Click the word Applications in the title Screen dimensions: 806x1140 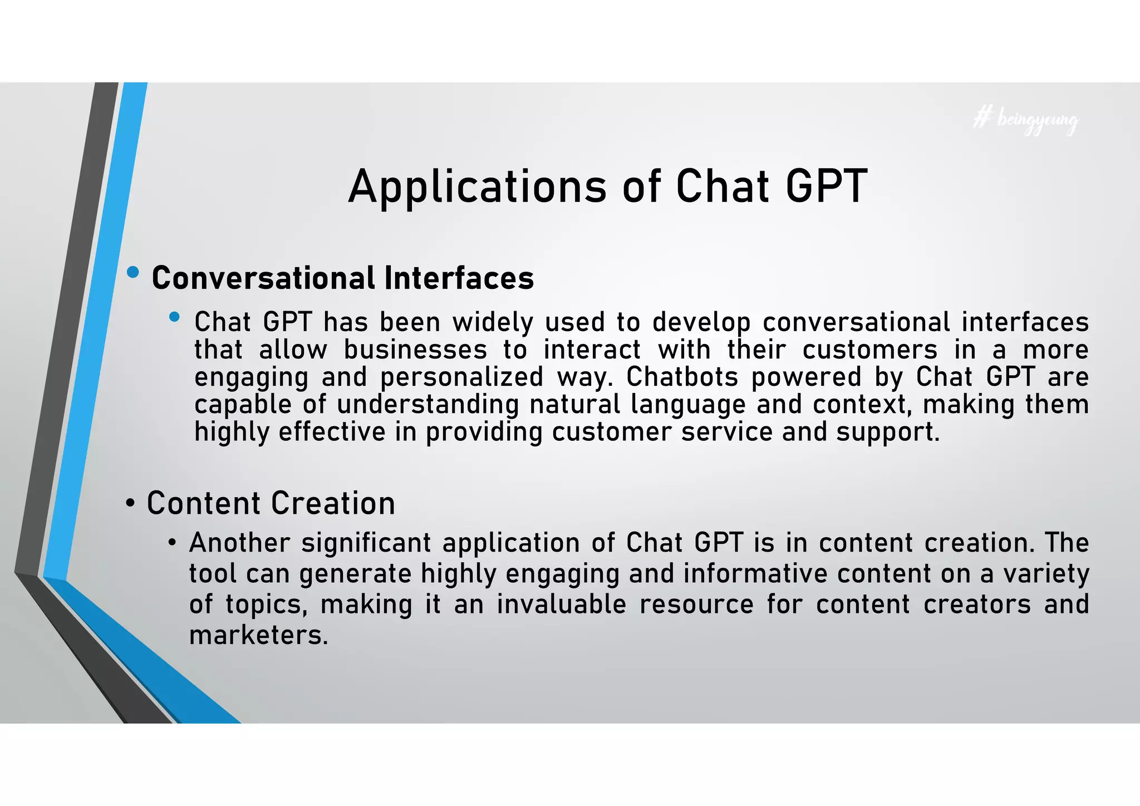477,187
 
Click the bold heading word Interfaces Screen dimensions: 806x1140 459,278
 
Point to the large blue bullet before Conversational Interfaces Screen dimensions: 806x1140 132,273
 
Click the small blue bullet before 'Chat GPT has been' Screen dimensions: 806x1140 174,317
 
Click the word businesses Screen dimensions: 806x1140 415,350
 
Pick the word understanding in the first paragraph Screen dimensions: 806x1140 427,405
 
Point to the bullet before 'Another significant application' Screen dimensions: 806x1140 173,543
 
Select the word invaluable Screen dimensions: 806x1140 561,604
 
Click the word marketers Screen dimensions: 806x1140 258,635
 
